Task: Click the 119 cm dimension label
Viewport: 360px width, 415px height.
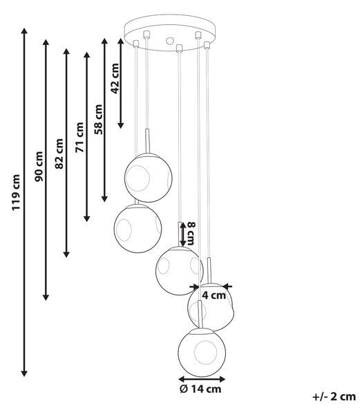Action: pyautogui.click(x=16, y=192)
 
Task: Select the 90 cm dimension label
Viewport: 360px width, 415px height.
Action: pyautogui.click(x=39, y=167)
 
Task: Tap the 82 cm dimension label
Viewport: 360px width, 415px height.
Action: pyautogui.click(x=59, y=154)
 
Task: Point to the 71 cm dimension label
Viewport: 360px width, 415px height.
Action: pyautogui.click(x=79, y=138)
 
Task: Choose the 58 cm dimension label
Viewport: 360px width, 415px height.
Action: pyautogui.click(x=98, y=120)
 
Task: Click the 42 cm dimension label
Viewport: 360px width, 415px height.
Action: pyautogui.click(x=115, y=79)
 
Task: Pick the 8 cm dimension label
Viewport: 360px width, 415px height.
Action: pyautogui.click(x=191, y=233)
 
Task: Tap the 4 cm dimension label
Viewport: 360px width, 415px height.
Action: pyautogui.click(x=214, y=295)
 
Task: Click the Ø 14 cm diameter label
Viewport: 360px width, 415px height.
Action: pyautogui.click(x=200, y=389)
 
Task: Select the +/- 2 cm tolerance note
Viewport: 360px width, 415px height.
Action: pyautogui.click(x=334, y=397)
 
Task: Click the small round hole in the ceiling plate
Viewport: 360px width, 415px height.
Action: pyautogui.click(x=170, y=41)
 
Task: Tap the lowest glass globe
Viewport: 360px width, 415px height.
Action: pyautogui.click(x=202, y=352)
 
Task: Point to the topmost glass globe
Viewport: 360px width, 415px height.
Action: pyautogui.click(x=149, y=178)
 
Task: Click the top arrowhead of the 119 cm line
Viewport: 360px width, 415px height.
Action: pyautogui.click(x=24, y=30)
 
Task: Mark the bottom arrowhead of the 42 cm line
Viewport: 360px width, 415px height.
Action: pyautogui.click(x=121, y=125)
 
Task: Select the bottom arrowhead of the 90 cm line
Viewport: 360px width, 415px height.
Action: pyautogui.click(x=46, y=297)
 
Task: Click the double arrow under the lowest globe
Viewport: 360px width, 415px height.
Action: pyautogui.click(x=202, y=379)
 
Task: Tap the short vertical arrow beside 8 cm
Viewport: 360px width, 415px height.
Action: pyautogui.click(x=182, y=234)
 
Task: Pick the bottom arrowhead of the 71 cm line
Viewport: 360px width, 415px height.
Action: pyautogui.click(x=87, y=219)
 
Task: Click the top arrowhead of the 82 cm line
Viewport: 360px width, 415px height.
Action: pyautogui.click(x=66, y=52)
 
